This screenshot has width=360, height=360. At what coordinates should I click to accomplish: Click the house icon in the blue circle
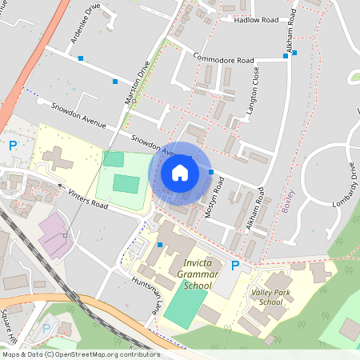tap(180, 172)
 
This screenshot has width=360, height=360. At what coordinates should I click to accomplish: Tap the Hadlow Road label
tap(256, 20)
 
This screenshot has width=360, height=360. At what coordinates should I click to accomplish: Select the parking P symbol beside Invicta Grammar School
tap(235, 266)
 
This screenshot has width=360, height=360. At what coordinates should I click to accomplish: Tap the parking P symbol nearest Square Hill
tap(46, 327)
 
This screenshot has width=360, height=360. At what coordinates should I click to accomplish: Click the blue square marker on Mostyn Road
tap(211, 172)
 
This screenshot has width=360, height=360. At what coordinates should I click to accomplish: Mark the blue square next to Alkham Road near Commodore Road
tap(295, 53)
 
